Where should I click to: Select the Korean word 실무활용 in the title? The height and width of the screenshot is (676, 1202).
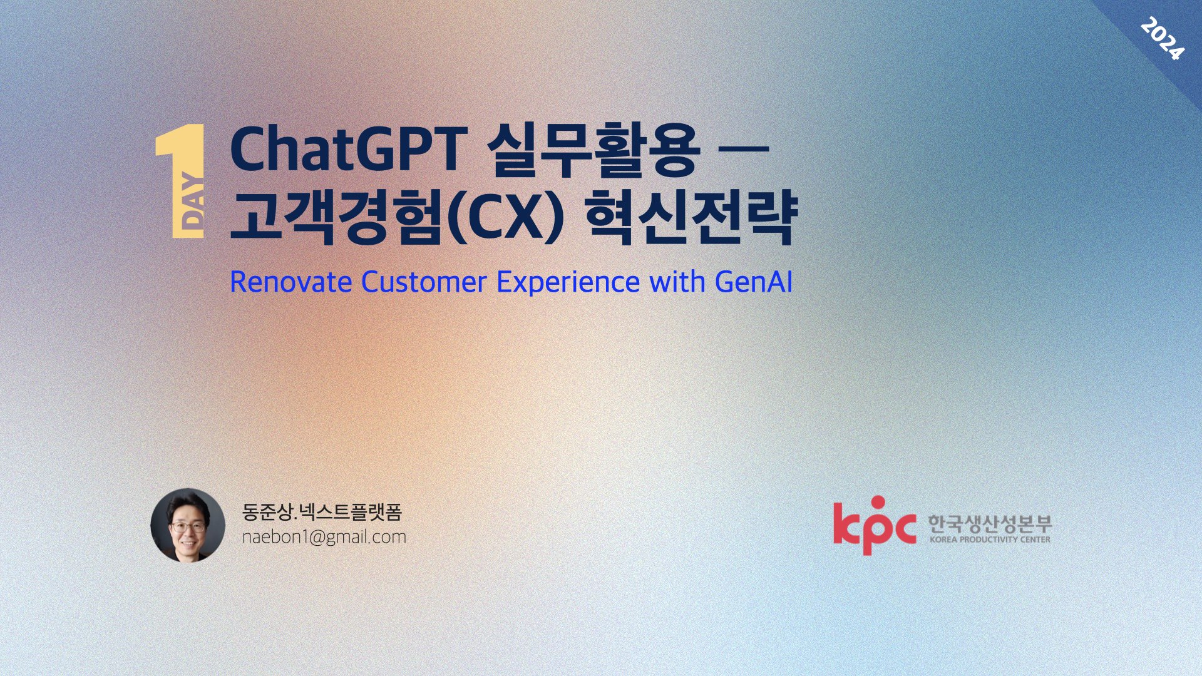click(x=592, y=151)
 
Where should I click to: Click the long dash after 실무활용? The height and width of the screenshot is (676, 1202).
click(x=744, y=149)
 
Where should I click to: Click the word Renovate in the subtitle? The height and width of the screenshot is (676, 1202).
click(x=290, y=282)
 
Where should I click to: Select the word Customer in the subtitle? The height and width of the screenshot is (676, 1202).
click(x=424, y=282)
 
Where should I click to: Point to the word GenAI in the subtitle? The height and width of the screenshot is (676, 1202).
click(x=754, y=282)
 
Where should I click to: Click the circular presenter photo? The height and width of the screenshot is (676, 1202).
click(x=188, y=525)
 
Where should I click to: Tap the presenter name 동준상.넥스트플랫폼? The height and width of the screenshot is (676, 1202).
click(x=321, y=512)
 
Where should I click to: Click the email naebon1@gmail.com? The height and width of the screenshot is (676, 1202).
click(x=324, y=537)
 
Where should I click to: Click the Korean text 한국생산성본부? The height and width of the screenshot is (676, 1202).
click(x=989, y=523)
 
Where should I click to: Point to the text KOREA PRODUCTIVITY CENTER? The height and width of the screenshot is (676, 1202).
click(x=990, y=540)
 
